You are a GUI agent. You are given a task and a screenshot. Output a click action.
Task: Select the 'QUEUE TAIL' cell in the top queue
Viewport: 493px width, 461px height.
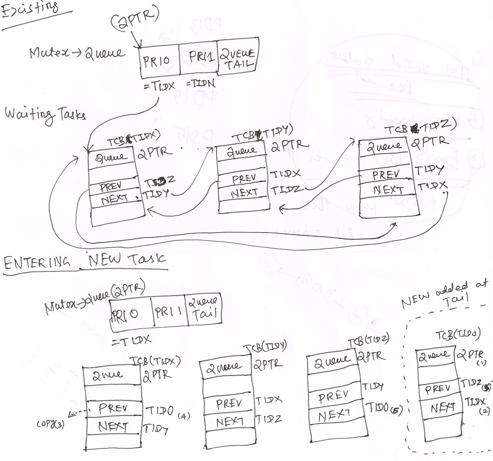(237, 59)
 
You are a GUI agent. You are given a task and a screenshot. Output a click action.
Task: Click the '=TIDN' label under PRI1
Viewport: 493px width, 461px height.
(201, 84)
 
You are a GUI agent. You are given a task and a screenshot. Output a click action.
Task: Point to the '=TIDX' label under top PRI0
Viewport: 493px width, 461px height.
(160, 86)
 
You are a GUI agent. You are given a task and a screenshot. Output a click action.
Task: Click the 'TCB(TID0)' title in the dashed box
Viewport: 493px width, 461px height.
(457, 335)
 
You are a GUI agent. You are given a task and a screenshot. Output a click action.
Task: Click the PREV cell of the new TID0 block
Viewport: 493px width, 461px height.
(437, 388)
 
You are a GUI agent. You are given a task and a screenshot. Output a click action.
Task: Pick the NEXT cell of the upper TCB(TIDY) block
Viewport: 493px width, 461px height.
(244, 193)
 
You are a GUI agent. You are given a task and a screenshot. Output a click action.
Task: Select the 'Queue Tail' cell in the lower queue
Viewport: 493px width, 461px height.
(204, 309)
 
